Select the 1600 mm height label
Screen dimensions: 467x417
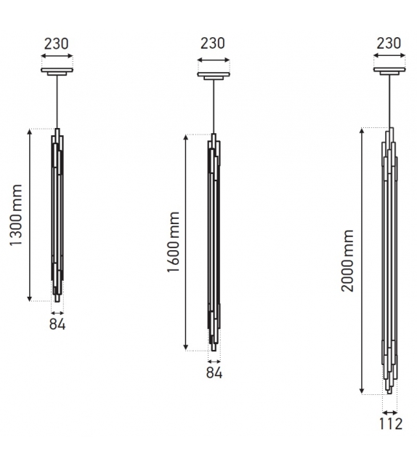tap(174, 243)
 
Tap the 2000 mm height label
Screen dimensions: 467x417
tap(347, 262)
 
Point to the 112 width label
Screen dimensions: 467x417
tap(391, 423)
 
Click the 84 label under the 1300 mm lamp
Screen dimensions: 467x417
tap(57, 324)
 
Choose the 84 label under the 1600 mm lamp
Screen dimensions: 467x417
tap(214, 373)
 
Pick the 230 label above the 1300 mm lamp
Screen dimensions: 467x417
tap(56, 44)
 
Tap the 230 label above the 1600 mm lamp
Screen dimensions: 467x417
tap(212, 44)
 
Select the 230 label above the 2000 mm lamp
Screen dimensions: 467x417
tap(390, 44)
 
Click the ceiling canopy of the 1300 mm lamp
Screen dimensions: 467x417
tap(56, 72)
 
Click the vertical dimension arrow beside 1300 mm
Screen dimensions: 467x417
tap(30, 215)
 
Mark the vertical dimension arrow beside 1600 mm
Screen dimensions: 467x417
tap(187, 242)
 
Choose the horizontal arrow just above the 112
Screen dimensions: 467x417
tap(391, 412)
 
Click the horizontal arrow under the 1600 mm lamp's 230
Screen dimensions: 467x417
tap(212, 56)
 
